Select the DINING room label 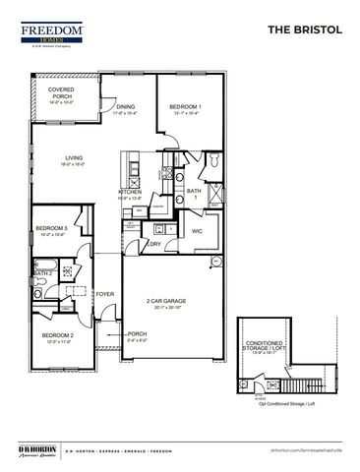(x=125, y=109)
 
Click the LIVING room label (x=74, y=158)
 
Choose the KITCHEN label (x=131, y=193)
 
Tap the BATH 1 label (x=194, y=194)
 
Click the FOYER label (x=104, y=293)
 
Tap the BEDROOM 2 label (x=56, y=337)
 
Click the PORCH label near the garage (x=137, y=334)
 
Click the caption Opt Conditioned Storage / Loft (x=285, y=404)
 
